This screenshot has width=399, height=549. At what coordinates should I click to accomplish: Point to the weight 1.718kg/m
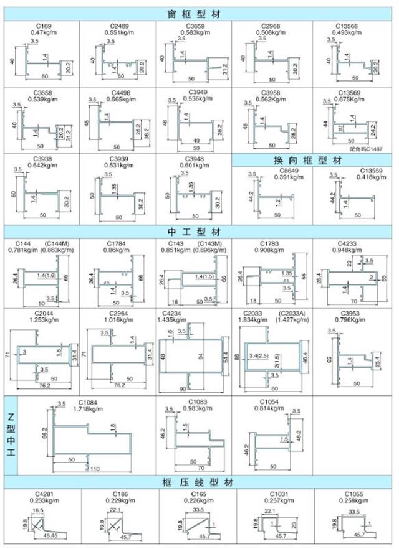pos(88,408)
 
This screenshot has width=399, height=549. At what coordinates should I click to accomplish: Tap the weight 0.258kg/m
pos(356,500)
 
